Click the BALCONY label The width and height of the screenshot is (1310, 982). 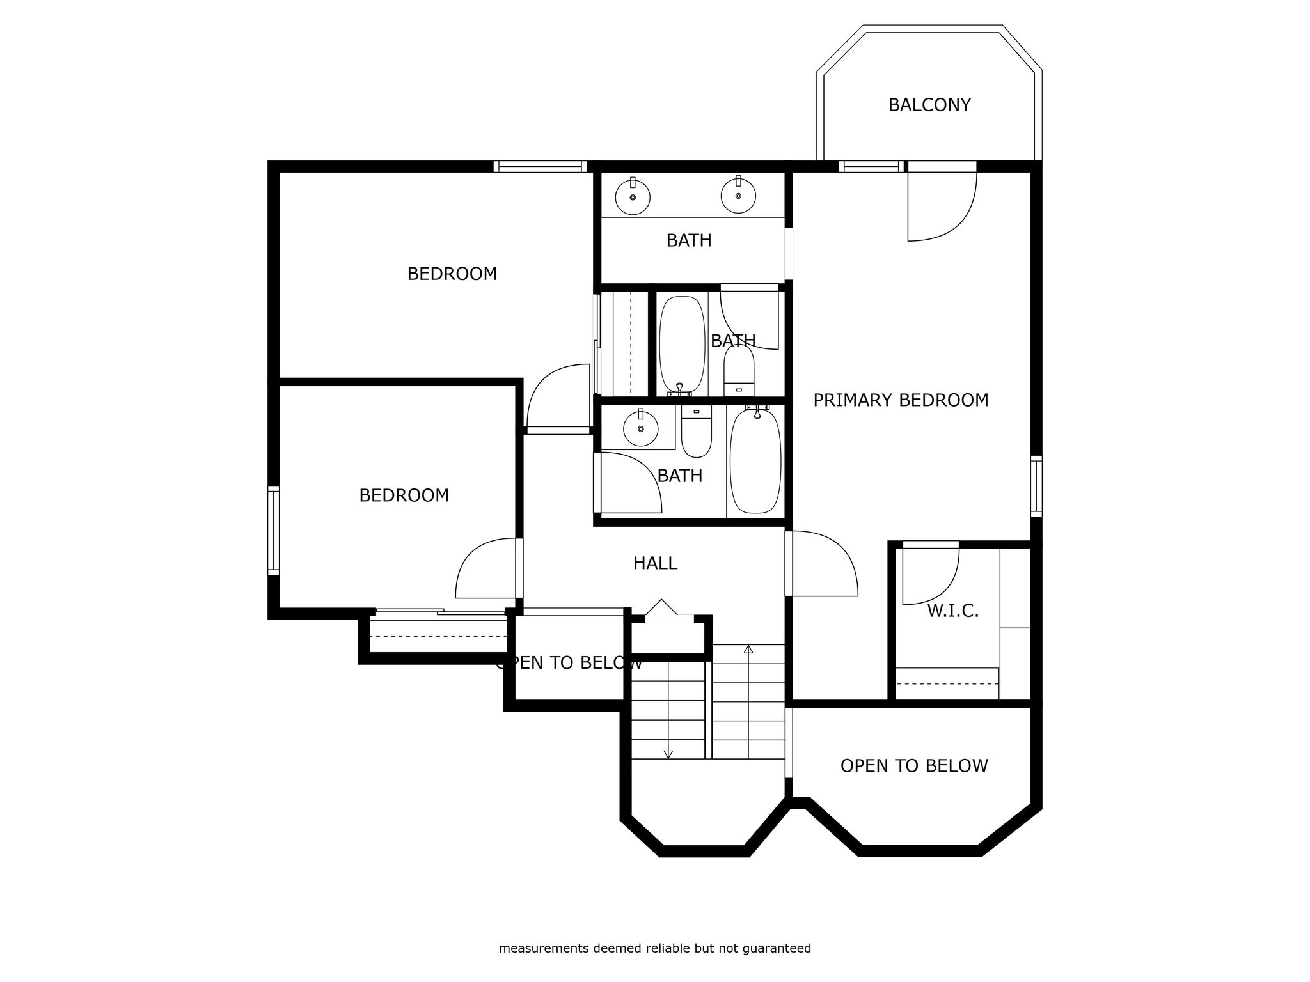(929, 105)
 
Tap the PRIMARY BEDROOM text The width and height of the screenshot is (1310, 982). (901, 400)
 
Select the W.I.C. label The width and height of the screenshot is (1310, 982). (953, 611)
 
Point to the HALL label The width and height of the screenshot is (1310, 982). (655, 563)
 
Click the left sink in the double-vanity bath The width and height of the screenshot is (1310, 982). (633, 196)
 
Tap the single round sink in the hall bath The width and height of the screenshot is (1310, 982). (640, 428)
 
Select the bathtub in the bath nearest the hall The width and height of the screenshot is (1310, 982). (755, 460)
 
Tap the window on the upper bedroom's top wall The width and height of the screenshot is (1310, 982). (540, 167)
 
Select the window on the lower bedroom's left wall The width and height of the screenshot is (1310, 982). (273, 530)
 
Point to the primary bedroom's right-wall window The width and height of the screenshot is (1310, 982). (1036, 486)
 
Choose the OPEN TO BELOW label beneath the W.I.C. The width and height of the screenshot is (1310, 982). (914, 766)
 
